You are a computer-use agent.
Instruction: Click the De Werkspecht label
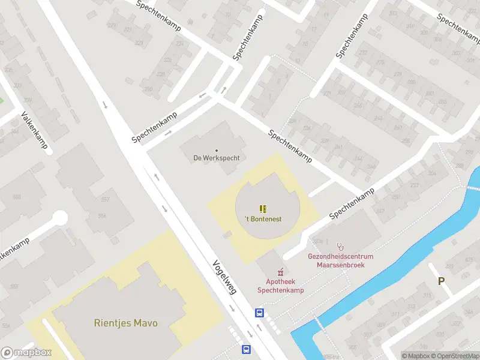(216, 158)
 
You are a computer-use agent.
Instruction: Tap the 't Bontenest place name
(263, 219)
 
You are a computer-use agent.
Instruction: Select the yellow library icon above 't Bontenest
(263, 208)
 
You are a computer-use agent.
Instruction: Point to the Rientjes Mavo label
(125, 323)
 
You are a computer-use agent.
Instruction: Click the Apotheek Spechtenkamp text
(280, 286)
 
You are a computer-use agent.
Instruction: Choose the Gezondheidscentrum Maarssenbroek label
(336, 260)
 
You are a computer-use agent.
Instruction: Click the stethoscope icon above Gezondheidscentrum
(341, 246)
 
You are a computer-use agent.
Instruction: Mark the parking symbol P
(442, 281)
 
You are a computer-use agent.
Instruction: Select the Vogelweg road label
(224, 277)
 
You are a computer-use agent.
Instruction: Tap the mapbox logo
(26, 353)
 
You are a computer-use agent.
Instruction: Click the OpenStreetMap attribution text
(454, 356)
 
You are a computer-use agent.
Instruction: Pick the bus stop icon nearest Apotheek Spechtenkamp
(260, 313)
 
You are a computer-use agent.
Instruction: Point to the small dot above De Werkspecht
(216, 150)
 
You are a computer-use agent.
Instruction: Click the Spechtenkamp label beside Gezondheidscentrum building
(352, 203)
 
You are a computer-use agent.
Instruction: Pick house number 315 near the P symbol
(427, 295)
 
